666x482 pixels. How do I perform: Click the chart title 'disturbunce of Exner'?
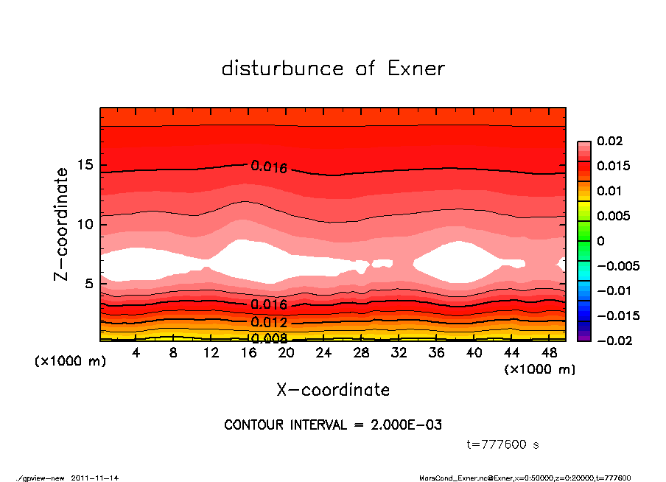pos(333,69)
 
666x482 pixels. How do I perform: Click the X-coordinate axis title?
pos(333,389)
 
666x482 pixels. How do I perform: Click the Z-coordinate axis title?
pos(62,224)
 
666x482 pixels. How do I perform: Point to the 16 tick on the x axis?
pos(248,353)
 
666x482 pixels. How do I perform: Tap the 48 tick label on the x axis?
pos(550,353)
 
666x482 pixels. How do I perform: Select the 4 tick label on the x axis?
pos(136,353)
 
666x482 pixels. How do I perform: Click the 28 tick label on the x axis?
pos(361,353)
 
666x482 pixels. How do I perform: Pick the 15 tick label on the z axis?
pos(85,165)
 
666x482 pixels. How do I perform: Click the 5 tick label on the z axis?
pos(89,284)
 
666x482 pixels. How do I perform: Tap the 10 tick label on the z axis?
pos(85,224)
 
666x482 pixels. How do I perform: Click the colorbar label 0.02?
pos(610,141)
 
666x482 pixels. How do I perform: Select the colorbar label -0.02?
pos(613,340)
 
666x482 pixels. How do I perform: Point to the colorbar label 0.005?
pos(613,216)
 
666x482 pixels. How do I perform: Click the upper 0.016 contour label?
pos(269,167)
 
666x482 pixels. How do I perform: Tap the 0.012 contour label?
pos(269,322)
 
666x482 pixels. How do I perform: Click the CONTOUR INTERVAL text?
pos(333,425)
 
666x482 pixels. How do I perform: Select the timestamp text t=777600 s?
pos(503,444)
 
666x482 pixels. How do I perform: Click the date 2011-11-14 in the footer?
pos(95,478)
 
